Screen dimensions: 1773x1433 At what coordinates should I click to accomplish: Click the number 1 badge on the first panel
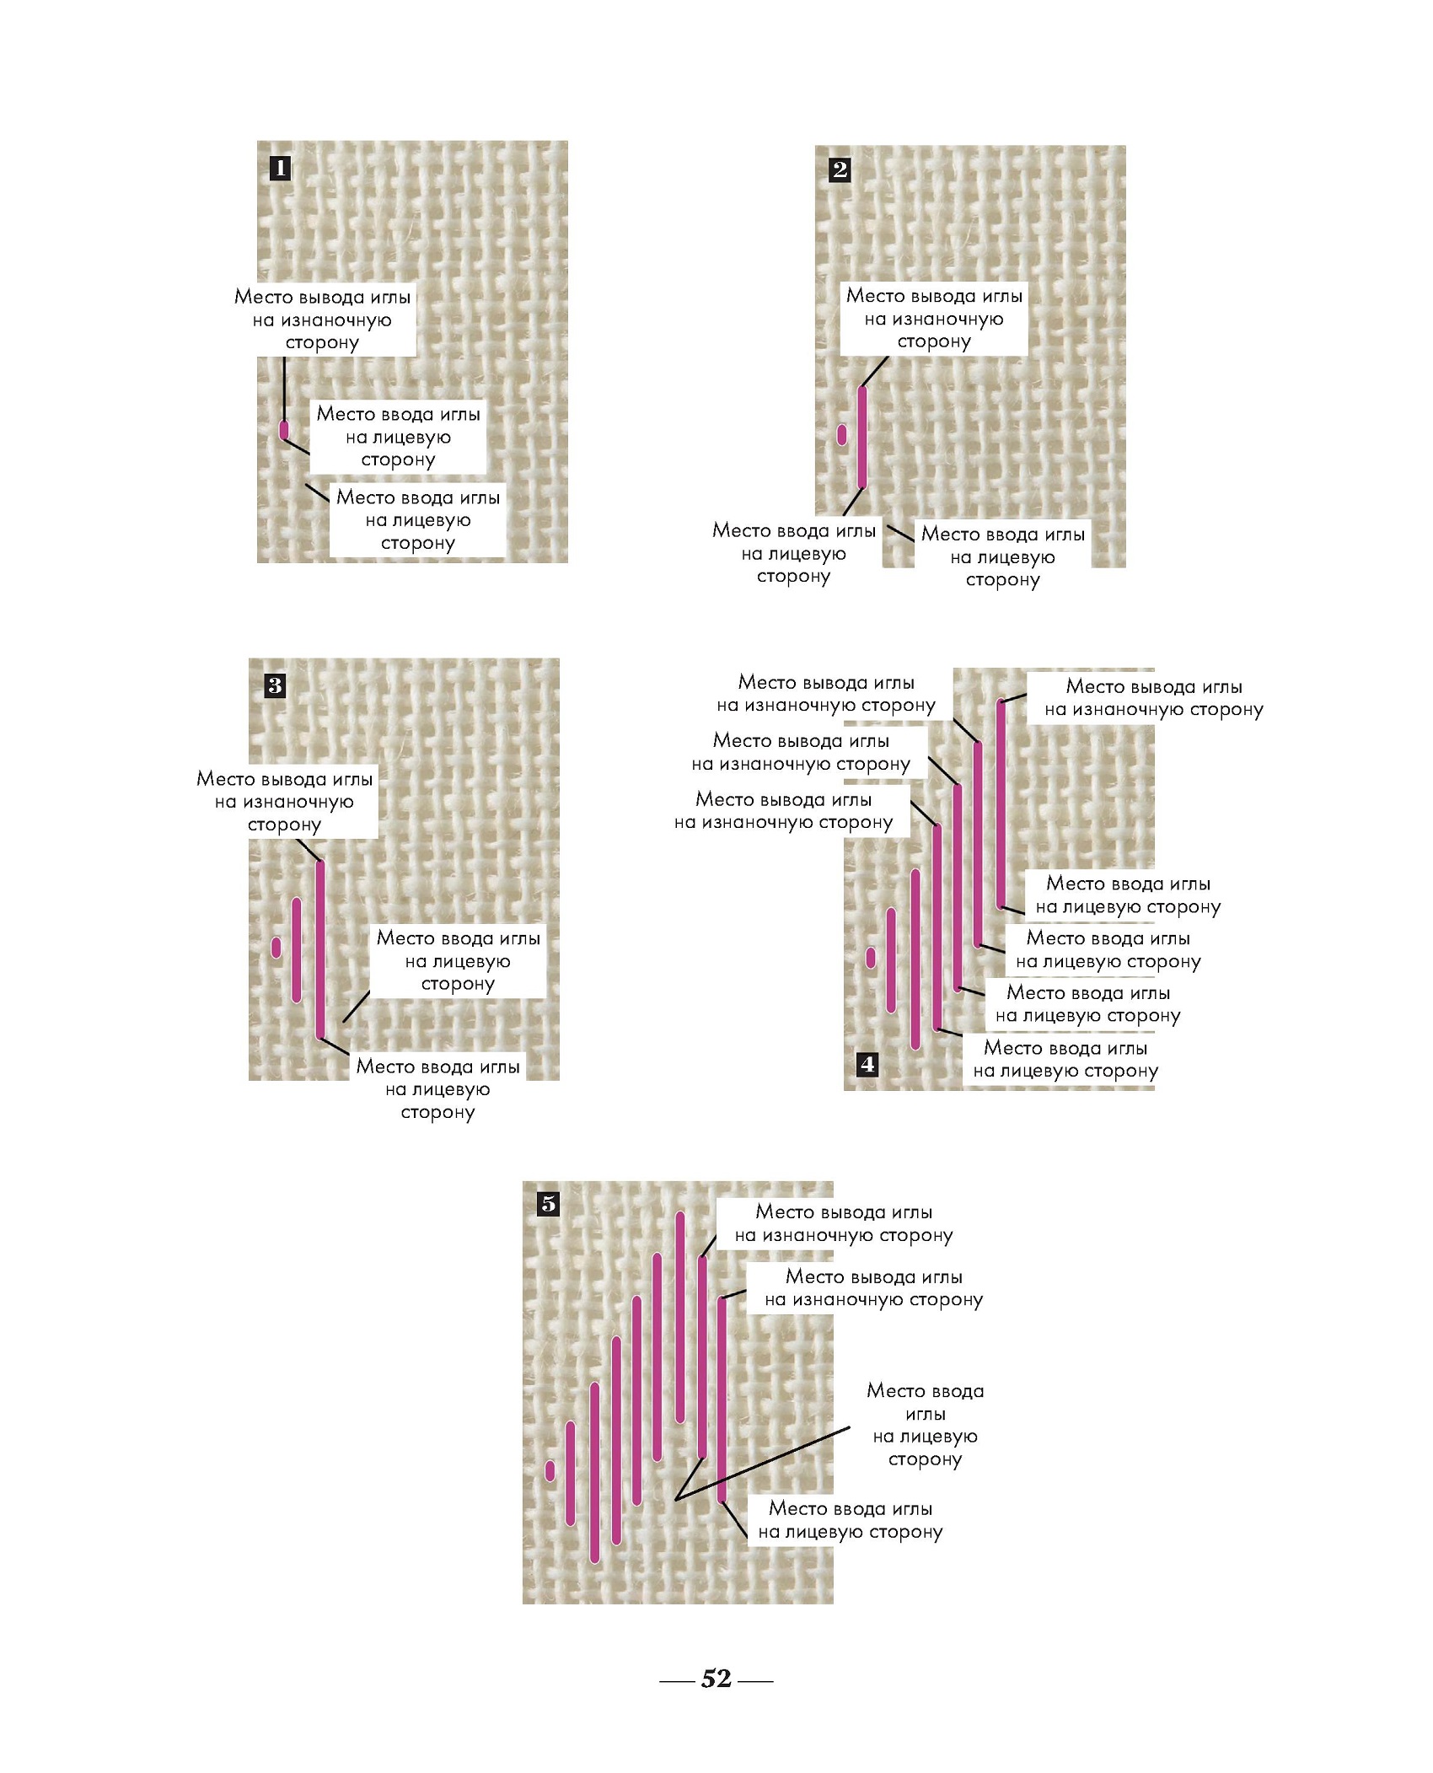(x=280, y=168)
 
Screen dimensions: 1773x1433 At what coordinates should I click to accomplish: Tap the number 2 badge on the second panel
(x=840, y=169)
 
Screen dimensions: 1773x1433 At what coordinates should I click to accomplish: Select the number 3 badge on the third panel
(x=275, y=685)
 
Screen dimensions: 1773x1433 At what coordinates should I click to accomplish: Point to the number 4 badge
(x=867, y=1064)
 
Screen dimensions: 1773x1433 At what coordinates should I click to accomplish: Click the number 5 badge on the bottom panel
(x=549, y=1204)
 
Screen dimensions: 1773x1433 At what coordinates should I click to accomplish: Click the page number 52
(x=716, y=1678)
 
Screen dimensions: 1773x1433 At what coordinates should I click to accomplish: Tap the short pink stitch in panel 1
(x=284, y=430)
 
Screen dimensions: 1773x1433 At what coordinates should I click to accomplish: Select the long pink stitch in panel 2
(x=861, y=437)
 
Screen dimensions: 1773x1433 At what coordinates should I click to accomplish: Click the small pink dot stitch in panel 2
(x=841, y=434)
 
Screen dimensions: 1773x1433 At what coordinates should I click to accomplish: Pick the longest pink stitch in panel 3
(x=319, y=949)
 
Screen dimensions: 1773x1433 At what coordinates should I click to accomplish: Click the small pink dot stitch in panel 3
(x=276, y=947)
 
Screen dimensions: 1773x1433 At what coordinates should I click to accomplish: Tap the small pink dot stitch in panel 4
(x=871, y=958)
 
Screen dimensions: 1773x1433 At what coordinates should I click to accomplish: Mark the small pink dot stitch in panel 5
(x=550, y=1471)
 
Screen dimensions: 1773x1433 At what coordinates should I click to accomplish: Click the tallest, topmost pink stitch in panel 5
(x=680, y=1317)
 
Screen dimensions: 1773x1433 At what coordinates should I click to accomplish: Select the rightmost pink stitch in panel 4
(x=1001, y=803)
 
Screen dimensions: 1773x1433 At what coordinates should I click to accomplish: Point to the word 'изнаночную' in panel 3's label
(x=298, y=802)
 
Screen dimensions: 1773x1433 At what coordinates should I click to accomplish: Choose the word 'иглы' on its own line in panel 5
(x=925, y=1414)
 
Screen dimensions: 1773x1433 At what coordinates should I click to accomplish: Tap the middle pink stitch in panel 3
(x=297, y=950)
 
